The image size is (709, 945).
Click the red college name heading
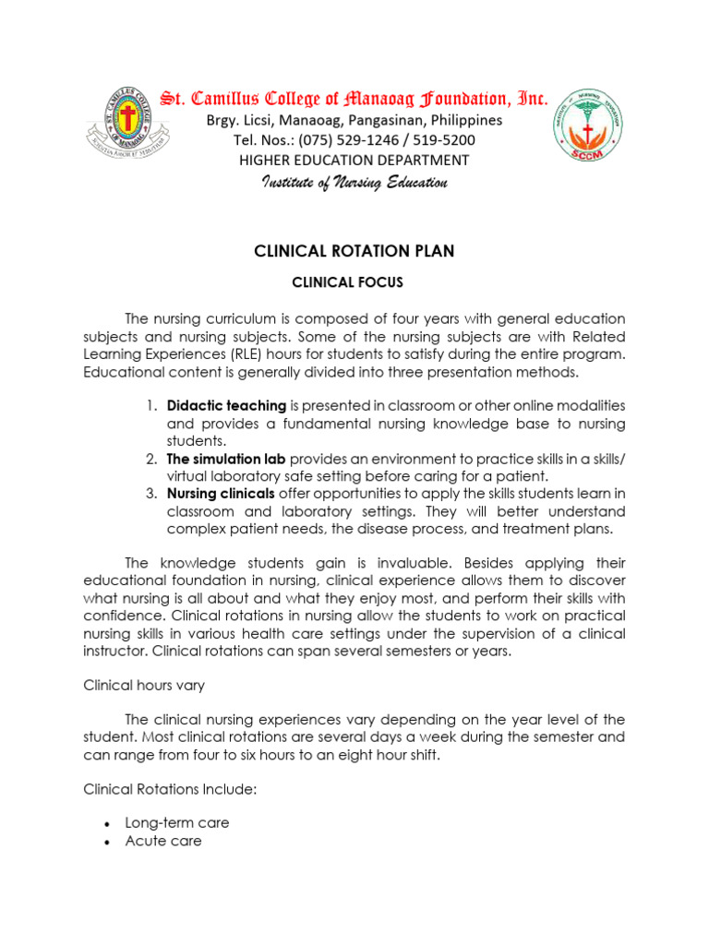[354, 98]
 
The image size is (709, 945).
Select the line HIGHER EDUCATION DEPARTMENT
[354, 161]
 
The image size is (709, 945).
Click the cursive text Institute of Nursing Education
[354, 183]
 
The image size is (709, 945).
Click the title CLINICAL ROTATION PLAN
[354, 251]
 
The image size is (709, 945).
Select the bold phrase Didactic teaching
[226, 406]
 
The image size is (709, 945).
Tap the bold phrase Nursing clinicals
[221, 494]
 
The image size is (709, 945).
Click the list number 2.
[150, 459]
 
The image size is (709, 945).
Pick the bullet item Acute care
[162, 841]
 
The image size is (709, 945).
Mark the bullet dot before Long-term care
[109, 823]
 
